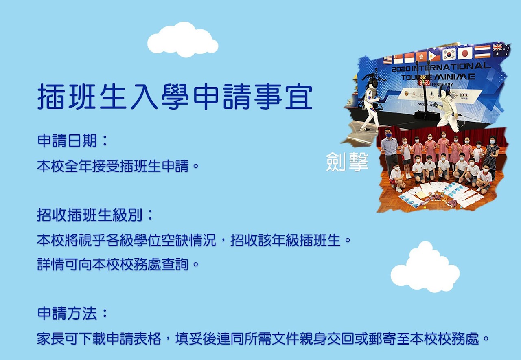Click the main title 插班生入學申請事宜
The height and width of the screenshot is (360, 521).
pyautogui.click(x=175, y=97)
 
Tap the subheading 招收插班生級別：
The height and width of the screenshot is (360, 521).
pyautogui.click(x=95, y=215)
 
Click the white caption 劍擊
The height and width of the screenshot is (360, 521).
pyautogui.click(x=347, y=162)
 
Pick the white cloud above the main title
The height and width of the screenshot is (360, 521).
pyautogui.click(x=183, y=40)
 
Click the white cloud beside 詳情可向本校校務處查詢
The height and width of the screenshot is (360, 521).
pyautogui.click(x=425, y=267)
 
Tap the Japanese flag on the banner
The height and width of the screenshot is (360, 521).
pyautogui.click(x=465, y=53)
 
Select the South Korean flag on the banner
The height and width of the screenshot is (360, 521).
pyautogui.click(x=449, y=55)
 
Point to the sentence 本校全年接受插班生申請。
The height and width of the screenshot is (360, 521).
pyautogui.click(x=118, y=166)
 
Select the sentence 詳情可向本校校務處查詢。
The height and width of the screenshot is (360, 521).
pyautogui.click(x=118, y=264)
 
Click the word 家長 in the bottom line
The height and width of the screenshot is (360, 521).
pyautogui.click(x=51, y=338)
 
